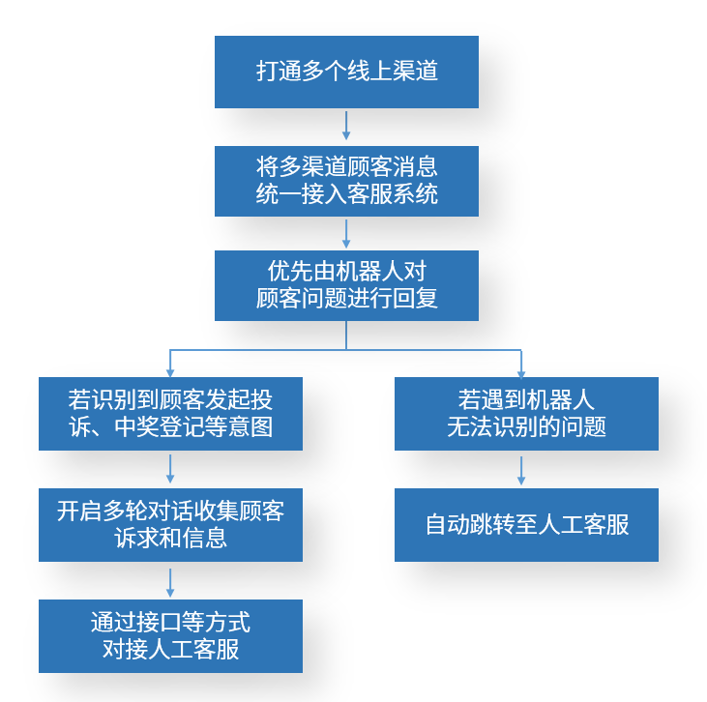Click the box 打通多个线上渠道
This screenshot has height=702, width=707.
346,72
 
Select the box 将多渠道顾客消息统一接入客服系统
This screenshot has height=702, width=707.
346,181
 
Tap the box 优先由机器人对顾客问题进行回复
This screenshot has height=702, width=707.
346,285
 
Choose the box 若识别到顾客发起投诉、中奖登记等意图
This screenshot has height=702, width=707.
170,414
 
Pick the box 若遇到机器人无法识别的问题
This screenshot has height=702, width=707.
526,414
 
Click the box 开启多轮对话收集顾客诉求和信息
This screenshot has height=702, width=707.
170,525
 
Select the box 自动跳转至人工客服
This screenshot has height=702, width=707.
526,525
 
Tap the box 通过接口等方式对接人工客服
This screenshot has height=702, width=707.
170,636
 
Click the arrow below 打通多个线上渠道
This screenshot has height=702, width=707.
346,126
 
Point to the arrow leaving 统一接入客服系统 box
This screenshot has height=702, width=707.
346,233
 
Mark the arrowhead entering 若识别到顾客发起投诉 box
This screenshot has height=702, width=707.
170,371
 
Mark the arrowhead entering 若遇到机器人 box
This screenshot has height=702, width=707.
521,371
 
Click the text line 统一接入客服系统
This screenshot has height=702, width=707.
346,193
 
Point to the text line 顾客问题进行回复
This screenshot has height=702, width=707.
346,298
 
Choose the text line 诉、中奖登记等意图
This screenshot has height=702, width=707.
170,426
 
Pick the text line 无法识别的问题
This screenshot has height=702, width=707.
526,426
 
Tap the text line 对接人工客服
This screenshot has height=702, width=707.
170,649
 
